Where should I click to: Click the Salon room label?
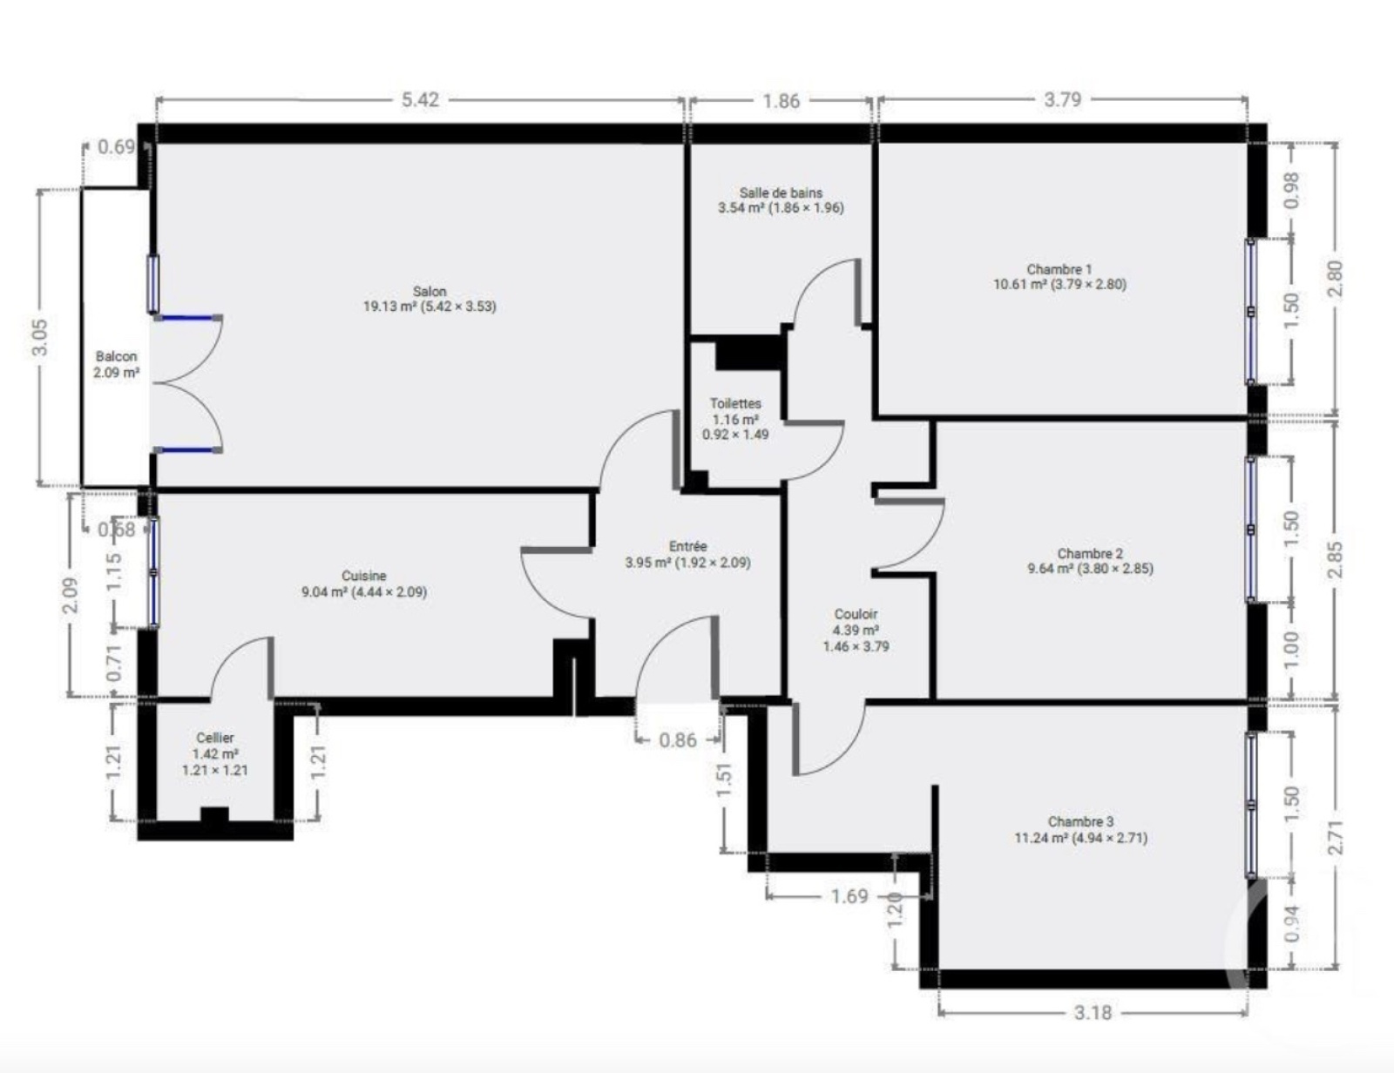[430, 291]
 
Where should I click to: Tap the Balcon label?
[116, 355]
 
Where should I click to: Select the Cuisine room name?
[363, 576]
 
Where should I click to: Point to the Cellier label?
[215, 738]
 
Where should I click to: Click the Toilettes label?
[735, 403]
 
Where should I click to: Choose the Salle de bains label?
[781, 192]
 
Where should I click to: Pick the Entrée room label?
[687, 546]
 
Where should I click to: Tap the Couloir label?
[856, 614]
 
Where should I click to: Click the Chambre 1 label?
[1059, 269]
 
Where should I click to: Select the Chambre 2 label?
[1090, 553]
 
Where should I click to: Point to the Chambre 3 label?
[1081, 821]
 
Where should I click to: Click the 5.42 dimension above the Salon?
[420, 100]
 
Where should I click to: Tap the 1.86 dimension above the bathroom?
[781, 101]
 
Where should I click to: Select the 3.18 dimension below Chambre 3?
[1093, 1013]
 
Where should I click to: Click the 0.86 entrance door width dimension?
[678, 740]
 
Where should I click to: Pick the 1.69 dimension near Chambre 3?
[849, 895]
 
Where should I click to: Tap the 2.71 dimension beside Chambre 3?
[1335, 837]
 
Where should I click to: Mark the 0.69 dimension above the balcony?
[116, 147]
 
